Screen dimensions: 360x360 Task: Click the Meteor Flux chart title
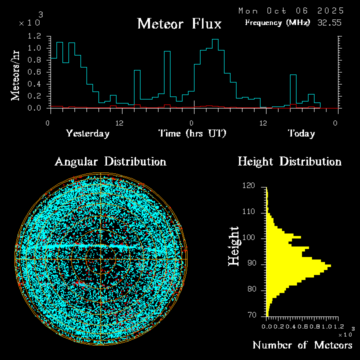pos(179,23)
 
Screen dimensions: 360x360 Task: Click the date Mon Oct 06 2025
pos(291,10)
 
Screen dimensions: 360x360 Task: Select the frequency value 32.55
pos(330,22)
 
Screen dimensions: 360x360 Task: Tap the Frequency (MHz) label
pos(277,22)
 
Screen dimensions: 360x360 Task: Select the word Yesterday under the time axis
pos(87,133)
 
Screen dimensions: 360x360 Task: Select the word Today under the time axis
pos(301,133)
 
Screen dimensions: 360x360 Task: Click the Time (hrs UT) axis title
pos(192,133)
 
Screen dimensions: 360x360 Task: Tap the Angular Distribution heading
pos(110,161)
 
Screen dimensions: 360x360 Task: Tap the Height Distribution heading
pos(289,161)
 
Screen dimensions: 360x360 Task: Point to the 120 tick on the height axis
pos(248,186)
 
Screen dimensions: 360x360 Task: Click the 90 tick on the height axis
pos(250,263)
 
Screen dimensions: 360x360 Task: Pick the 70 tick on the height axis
pos(250,315)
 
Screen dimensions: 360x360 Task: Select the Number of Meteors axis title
pos(302,345)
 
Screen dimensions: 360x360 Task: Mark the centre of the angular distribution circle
pos(100,259)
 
